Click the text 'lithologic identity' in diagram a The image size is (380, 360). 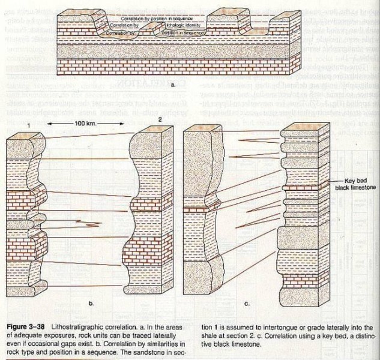click(169, 27)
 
